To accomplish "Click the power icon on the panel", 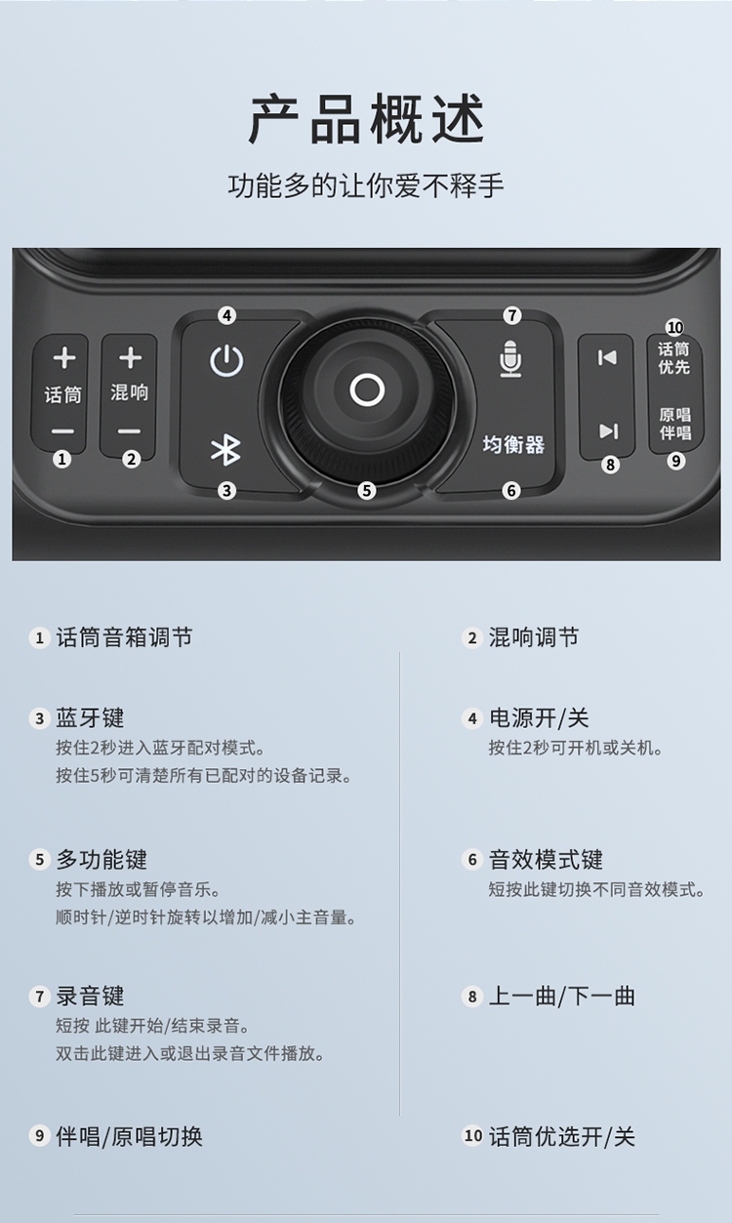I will pyautogui.click(x=226, y=362).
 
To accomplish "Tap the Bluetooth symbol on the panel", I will pyautogui.click(x=226, y=449).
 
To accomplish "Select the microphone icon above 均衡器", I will pyautogui.click(x=510, y=359).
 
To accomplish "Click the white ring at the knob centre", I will pyautogui.click(x=367, y=390).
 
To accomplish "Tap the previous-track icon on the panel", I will pyautogui.click(x=607, y=358).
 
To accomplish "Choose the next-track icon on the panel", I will pyautogui.click(x=608, y=430).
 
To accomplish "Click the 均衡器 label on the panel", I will pyautogui.click(x=513, y=445).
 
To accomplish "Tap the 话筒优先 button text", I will pyautogui.click(x=673, y=358).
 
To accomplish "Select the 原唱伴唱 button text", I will pyautogui.click(x=674, y=423).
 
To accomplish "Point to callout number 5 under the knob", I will pyautogui.click(x=367, y=491).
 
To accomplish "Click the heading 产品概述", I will pyautogui.click(x=366, y=121).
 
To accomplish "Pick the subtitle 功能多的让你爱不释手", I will pyautogui.click(x=366, y=185).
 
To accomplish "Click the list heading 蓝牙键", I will pyautogui.click(x=90, y=718).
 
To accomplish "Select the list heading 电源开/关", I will pyautogui.click(x=539, y=718).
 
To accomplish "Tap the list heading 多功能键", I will pyautogui.click(x=102, y=860).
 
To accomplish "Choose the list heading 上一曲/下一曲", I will pyautogui.click(x=561, y=997).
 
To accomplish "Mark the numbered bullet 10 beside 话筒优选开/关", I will pyautogui.click(x=473, y=1136).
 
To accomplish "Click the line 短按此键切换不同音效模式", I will pyautogui.click(x=596, y=889).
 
